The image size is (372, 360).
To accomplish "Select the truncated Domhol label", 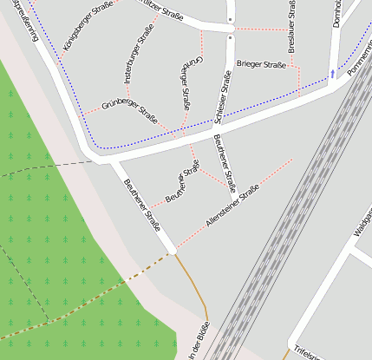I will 337,14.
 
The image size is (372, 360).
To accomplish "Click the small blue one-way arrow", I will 331,74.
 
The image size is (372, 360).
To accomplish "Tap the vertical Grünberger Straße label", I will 187,83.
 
